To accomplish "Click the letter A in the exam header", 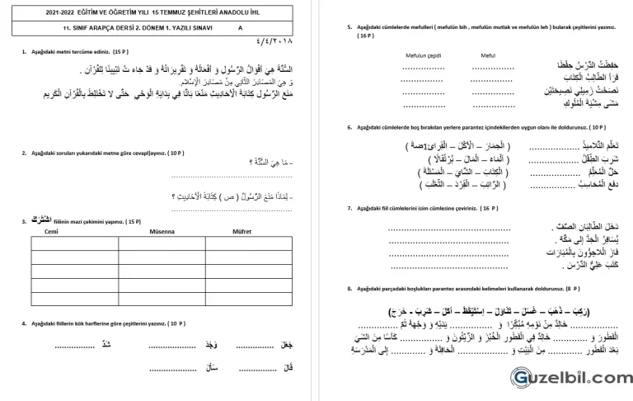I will click(x=241, y=27).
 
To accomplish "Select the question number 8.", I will click(x=350, y=289).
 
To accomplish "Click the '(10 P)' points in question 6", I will click(x=592, y=127).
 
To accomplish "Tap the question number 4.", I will click(x=24, y=323).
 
